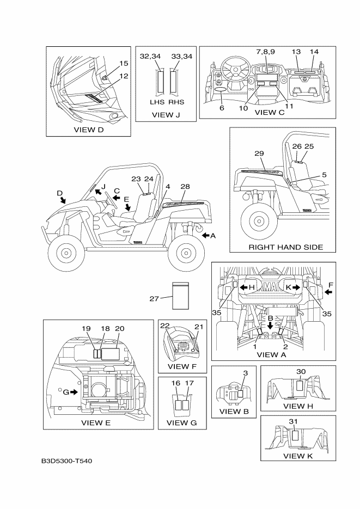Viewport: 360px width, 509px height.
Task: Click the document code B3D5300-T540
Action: click(66, 461)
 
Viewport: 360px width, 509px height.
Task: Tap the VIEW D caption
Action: click(88, 130)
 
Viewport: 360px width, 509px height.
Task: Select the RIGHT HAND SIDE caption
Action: click(285, 247)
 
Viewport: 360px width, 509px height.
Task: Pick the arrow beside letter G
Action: click(74, 391)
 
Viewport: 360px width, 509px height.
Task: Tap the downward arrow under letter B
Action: click(270, 326)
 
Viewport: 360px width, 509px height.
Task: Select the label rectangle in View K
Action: click(295, 435)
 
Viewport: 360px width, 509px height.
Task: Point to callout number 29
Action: click(259, 154)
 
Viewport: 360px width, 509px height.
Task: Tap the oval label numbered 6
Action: click(221, 88)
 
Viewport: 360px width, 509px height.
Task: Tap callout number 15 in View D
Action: click(124, 63)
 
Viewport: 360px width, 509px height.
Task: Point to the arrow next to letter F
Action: click(328, 292)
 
